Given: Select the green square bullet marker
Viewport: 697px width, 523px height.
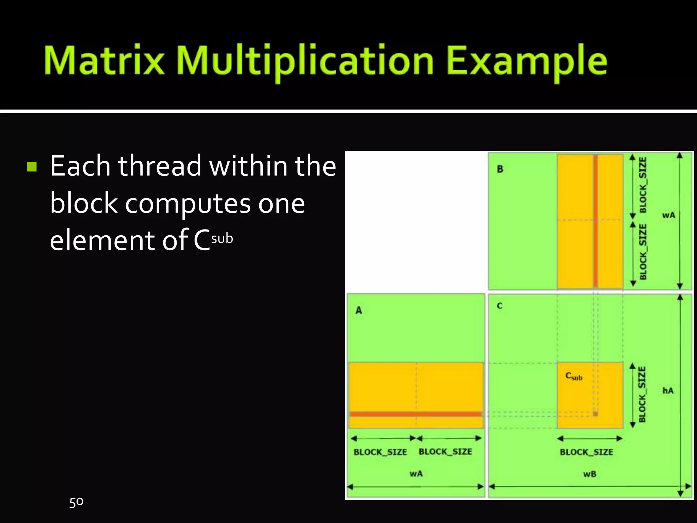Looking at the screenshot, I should coord(32,167).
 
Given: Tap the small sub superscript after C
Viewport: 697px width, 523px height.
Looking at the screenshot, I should coord(222,238).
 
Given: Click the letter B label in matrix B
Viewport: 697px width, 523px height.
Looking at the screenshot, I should coord(500,169).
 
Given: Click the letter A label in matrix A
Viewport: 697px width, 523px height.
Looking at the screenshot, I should coord(359,311).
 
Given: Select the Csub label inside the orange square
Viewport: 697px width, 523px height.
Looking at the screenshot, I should coord(574,376).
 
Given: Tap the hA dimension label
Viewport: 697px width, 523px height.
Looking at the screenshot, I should coord(668,391).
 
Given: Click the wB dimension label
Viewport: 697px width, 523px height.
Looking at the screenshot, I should coord(589,474).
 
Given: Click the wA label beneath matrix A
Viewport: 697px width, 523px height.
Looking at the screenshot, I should coord(416,474).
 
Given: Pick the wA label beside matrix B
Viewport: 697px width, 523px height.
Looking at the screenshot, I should coord(668,215).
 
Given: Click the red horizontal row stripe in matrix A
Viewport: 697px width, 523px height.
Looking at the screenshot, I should coord(416,414).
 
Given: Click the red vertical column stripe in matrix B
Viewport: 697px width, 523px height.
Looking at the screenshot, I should coord(595,221).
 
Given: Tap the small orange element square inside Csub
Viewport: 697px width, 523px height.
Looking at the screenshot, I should coord(595,414).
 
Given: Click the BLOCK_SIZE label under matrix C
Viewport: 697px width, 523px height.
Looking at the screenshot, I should coord(586,452).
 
